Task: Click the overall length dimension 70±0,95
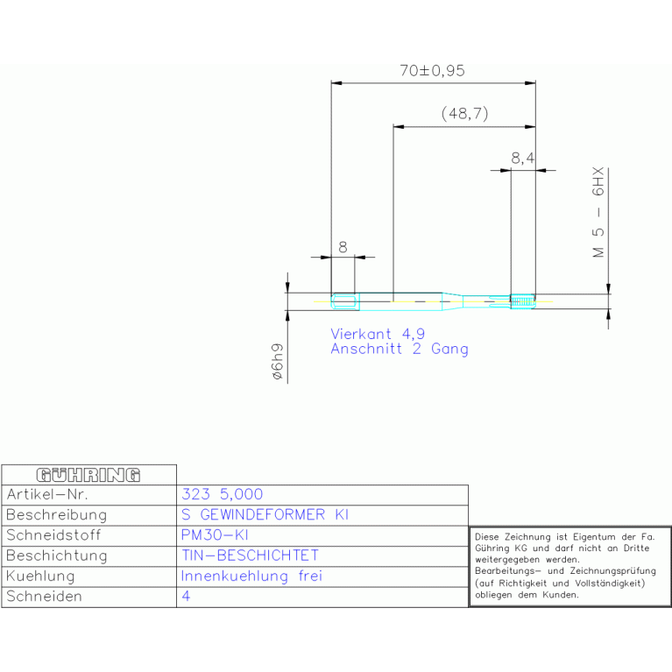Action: tap(432, 72)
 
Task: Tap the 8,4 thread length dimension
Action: tap(522, 158)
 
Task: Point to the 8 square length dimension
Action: tap(343, 247)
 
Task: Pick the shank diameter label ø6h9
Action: tap(277, 362)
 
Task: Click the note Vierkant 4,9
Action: tap(377, 334)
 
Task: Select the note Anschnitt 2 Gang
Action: tap(399, 349)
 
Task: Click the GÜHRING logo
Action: tap(88, 475)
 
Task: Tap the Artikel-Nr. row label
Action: tap(47, 495)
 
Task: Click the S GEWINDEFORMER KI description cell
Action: tap(265, 515)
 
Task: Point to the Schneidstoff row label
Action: tap(53, 535)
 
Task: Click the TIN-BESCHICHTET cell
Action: tap(250, 555)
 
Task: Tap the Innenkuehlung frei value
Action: tap(251, 577)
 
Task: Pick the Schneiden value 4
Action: tap(186, 597)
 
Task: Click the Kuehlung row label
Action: tap(40, 577)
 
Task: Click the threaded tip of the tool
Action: tap(523, 301)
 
